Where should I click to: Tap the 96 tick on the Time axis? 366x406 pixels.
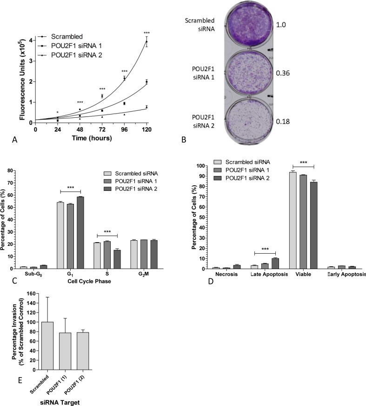(124, 130)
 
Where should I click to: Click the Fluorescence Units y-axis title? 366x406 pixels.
(22, 81)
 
